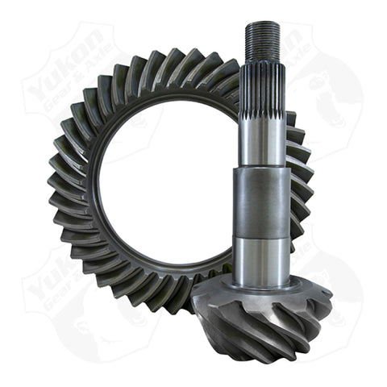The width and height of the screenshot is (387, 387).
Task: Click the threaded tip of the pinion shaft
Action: coord(263,41)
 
